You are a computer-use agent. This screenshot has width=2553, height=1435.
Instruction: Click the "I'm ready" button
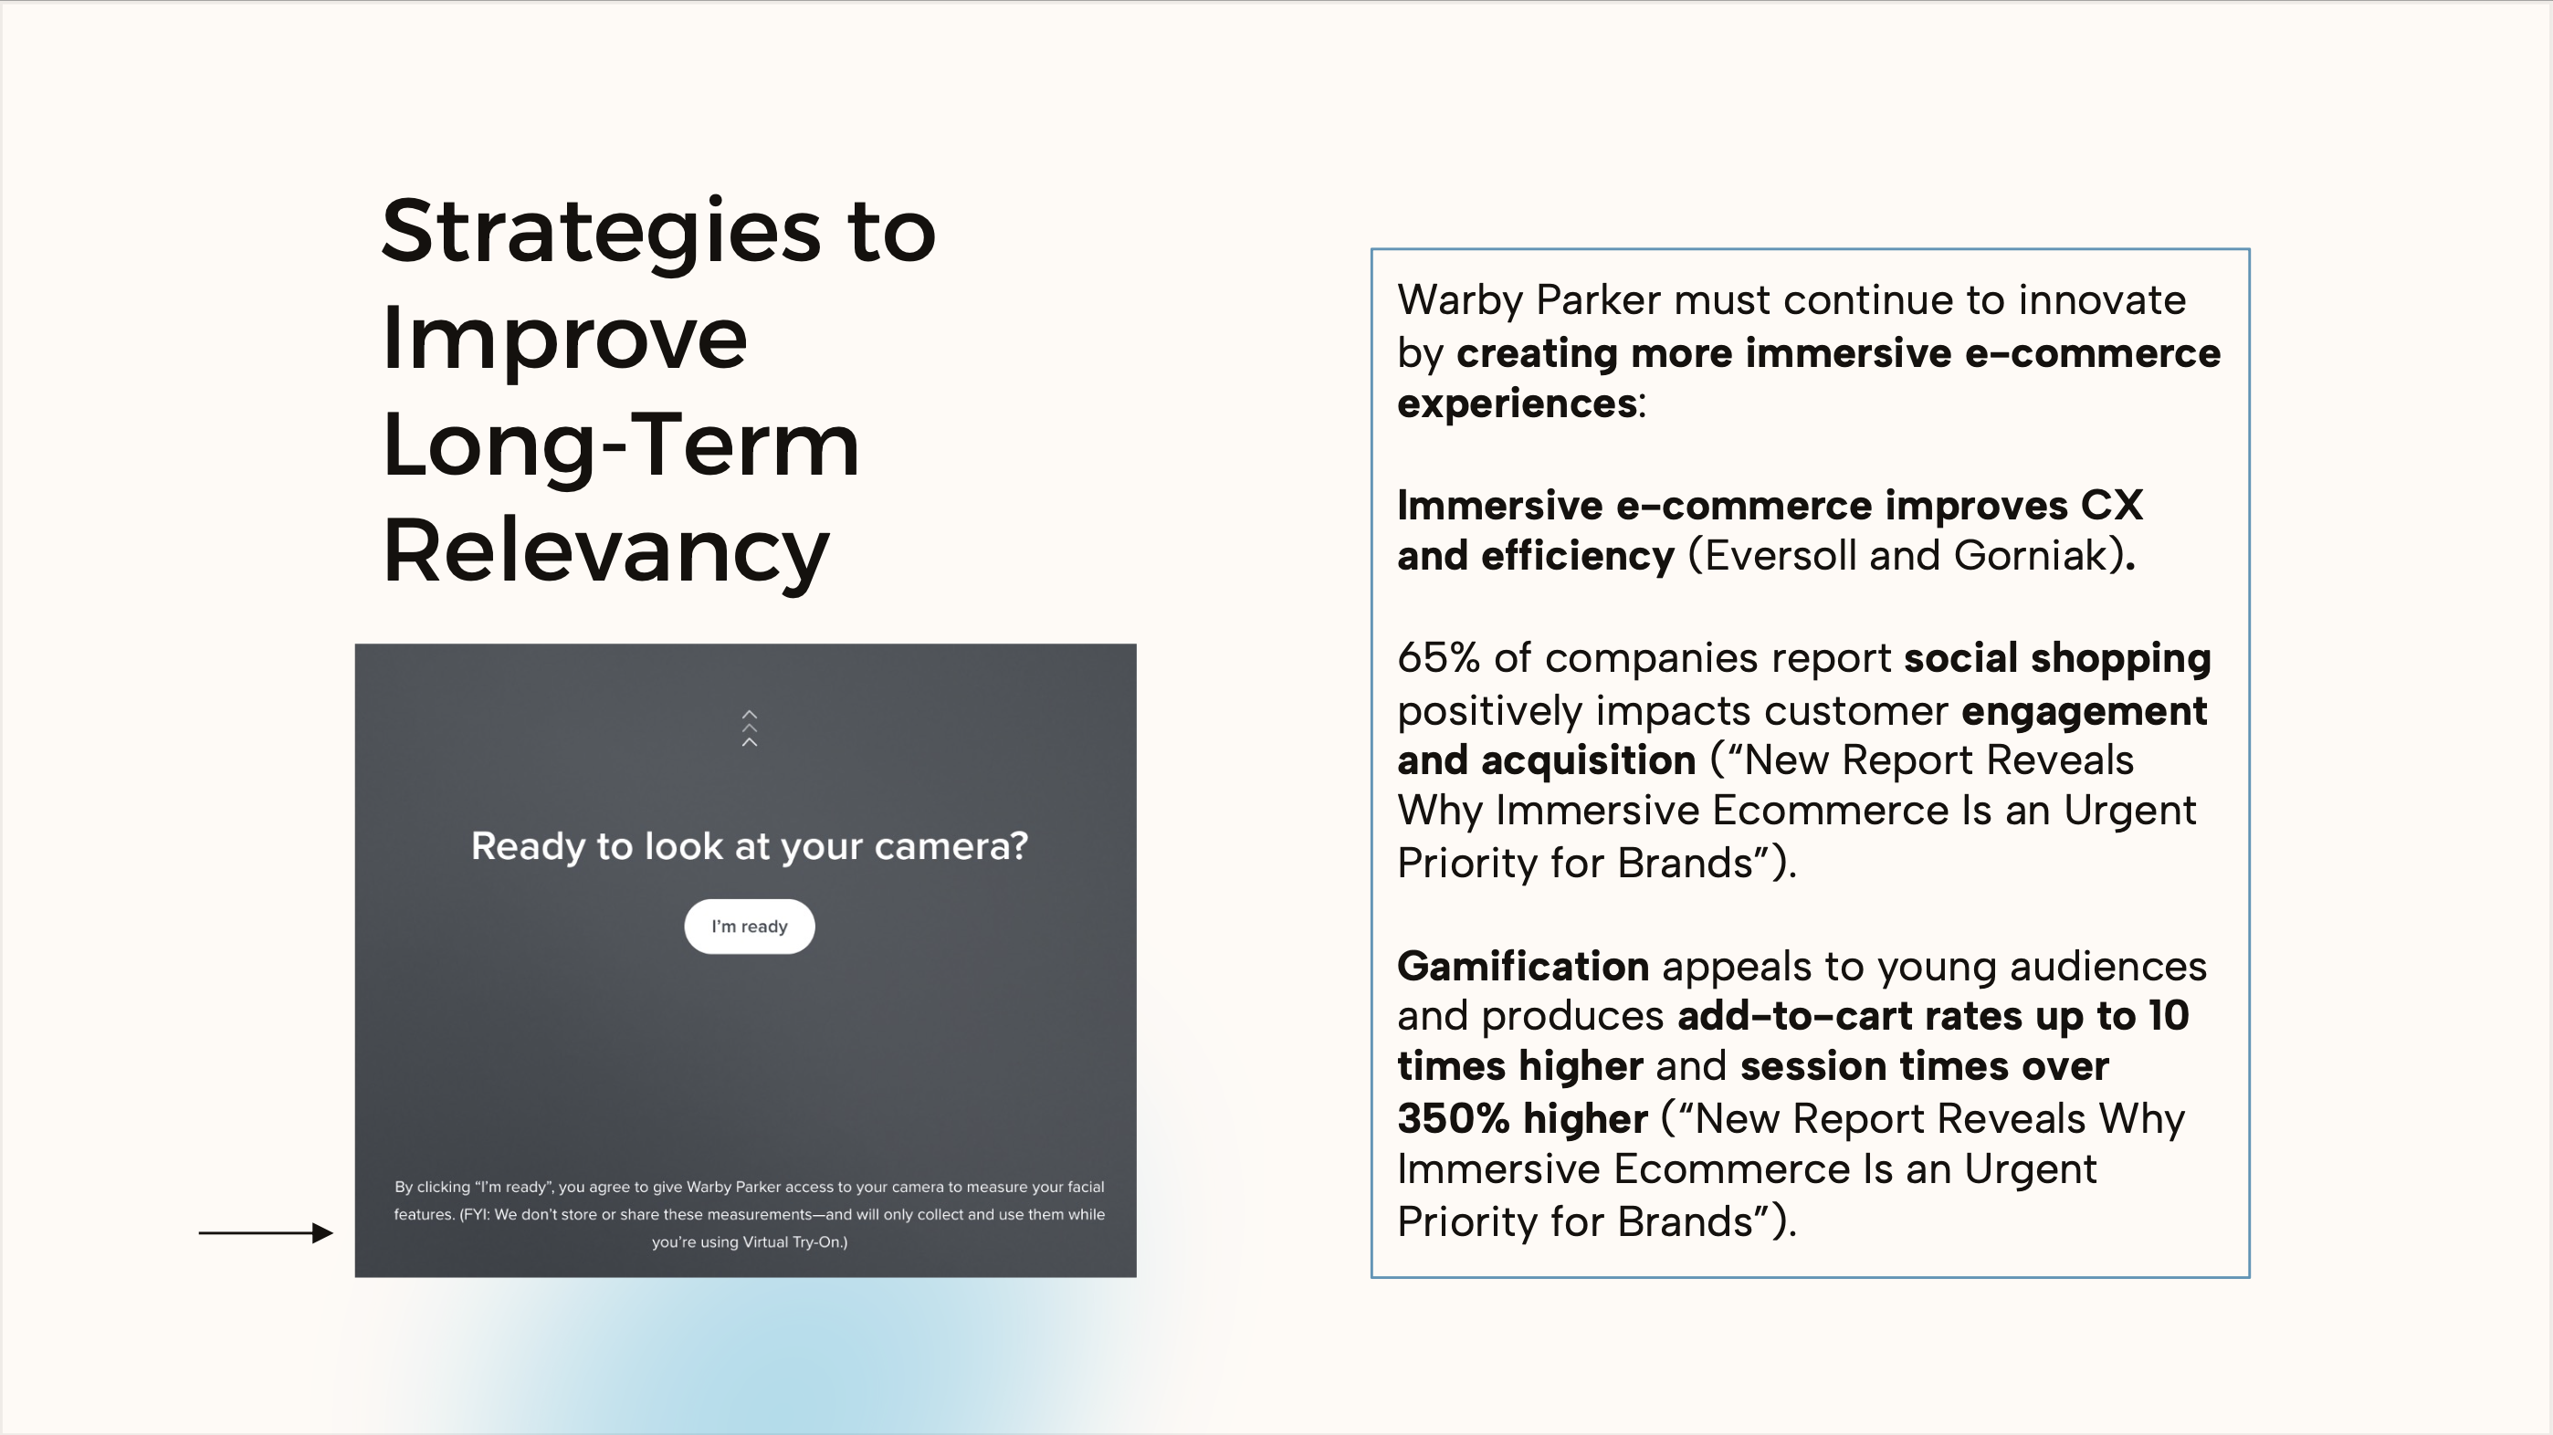tap(750, 927)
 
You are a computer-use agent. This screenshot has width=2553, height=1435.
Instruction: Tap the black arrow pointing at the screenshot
tap(266, 1233)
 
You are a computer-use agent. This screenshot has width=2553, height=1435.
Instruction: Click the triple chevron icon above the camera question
tap(750, 728)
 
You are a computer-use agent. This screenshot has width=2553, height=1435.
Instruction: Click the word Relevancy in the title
tap(605, 552)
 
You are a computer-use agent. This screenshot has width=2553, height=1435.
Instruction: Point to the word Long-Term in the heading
tap(620, 446)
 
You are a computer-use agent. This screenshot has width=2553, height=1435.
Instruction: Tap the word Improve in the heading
tap(565, 339)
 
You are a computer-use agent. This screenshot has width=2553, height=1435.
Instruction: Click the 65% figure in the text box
tap(1439, 658)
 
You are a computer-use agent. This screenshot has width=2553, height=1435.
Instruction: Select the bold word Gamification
tap(1523, 966)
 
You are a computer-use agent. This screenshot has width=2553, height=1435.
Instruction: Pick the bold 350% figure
tap(1454, 1119)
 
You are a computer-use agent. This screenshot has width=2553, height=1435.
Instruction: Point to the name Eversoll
tap(1780, 556)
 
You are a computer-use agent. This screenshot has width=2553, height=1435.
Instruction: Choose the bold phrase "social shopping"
tap(2057, 659)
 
